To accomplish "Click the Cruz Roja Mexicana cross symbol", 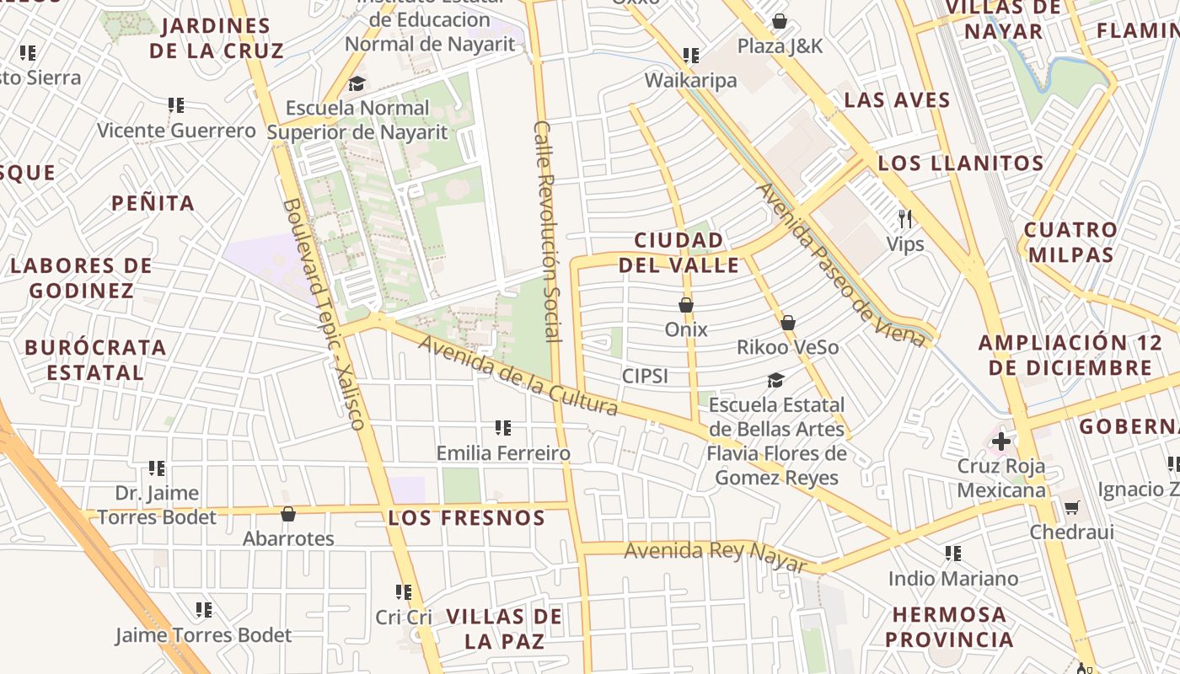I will coord(1001,441).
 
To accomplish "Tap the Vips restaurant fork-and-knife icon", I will coord(905,220).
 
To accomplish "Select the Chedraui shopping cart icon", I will coord(1071,507).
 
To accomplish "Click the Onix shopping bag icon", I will coord(686,305).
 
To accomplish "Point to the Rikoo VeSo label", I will coord(787,347).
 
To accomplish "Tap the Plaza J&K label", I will coord(780,45).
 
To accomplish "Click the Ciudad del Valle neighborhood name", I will coord(678,253).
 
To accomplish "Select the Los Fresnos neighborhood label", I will coord(467,517).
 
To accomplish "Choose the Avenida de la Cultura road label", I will coord(518,376).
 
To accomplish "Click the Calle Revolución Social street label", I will coord(548,231).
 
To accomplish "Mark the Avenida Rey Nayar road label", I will coord(715,557).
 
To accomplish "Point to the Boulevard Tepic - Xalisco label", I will coord(324,313).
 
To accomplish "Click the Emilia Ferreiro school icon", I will coord(503,428).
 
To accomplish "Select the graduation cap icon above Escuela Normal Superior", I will coord(357,83).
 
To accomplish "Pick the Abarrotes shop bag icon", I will coord(288,514).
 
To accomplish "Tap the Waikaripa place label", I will coord(690,80).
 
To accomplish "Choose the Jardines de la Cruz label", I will coord(217,38).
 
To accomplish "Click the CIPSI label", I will coord(645,376).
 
